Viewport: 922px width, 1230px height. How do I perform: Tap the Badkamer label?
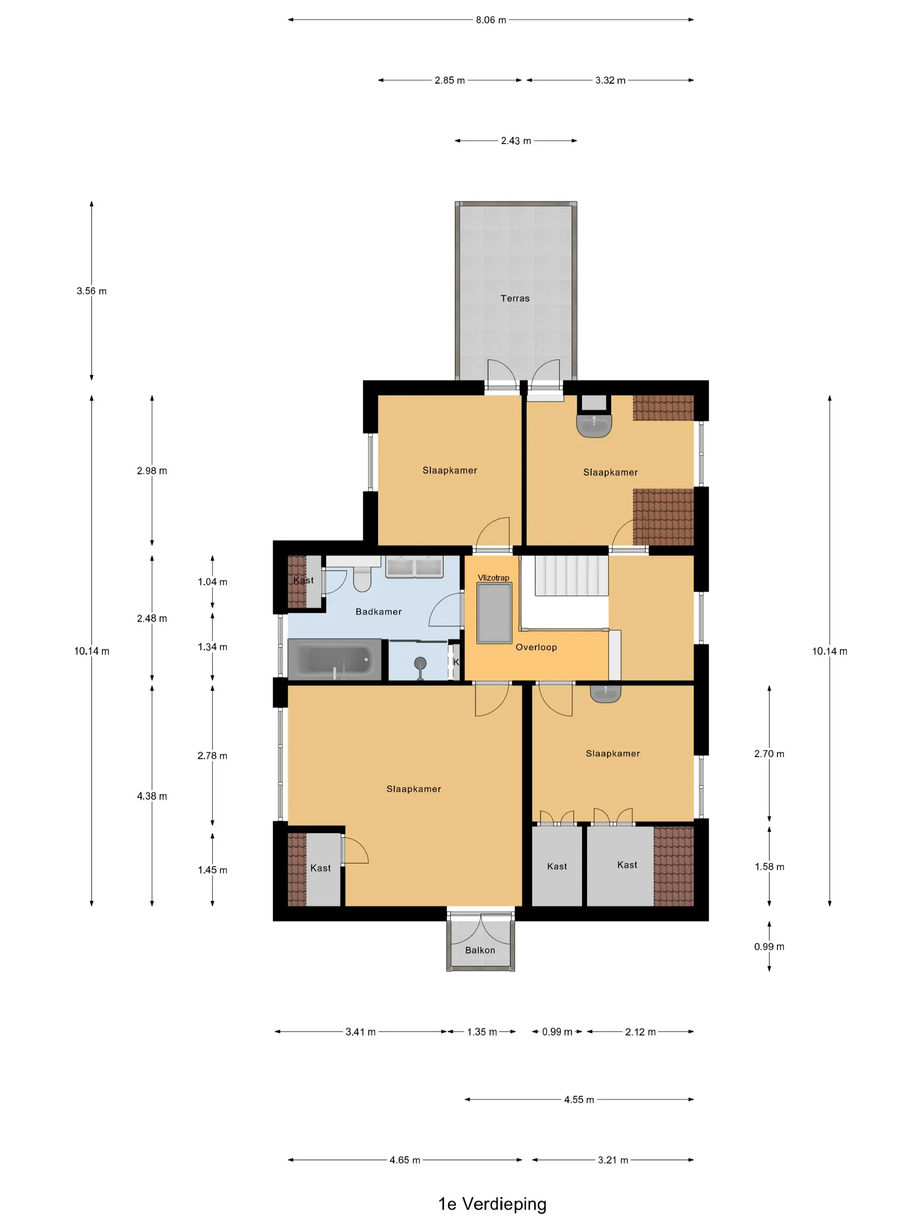[378, 611]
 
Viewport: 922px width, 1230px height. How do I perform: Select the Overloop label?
[536, 647]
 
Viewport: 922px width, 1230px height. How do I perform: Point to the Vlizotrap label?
[493, 578]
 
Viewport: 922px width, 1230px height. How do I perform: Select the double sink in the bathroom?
[414, 567]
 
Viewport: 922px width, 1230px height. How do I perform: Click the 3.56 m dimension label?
[92, 291]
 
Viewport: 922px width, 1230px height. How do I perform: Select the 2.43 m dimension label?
[516, 141]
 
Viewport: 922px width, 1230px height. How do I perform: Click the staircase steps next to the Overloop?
[571, 575]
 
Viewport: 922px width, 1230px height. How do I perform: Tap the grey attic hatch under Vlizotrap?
[494, 613]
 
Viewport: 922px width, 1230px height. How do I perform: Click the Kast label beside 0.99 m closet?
[557, 866]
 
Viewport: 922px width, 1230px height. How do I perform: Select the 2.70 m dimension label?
[769, 754]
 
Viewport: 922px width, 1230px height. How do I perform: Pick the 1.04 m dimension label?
[212, 582]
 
